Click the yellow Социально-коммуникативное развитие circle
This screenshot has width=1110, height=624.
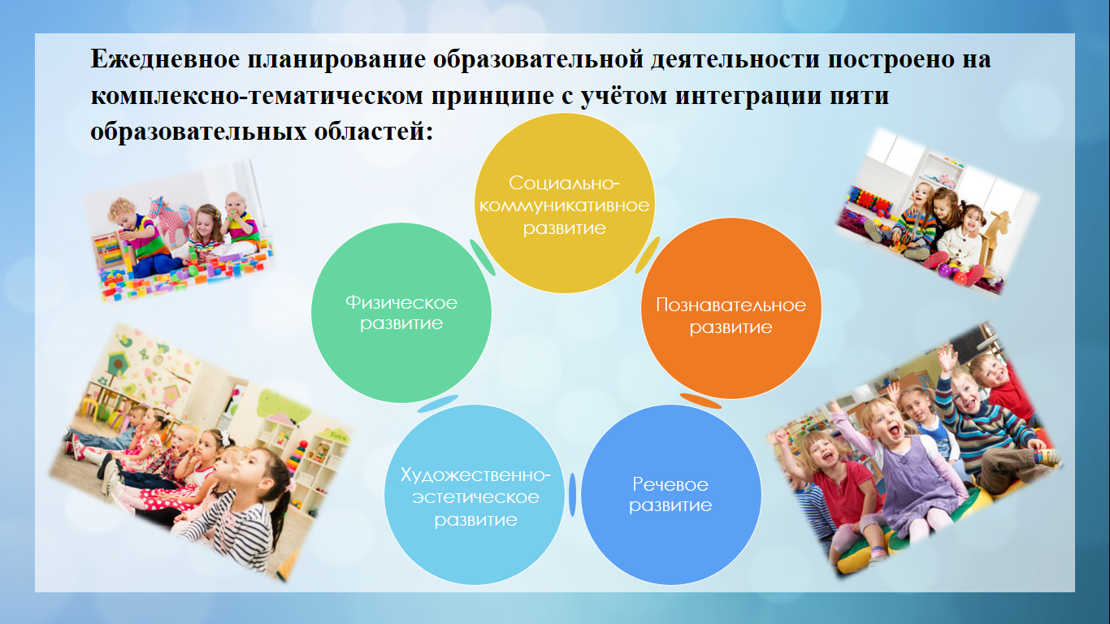tap(565, 203)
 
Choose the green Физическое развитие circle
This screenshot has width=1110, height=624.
tap(401, 313)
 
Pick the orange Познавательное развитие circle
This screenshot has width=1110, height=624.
tap(731, 308)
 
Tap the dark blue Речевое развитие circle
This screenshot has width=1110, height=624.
tap(671, 495)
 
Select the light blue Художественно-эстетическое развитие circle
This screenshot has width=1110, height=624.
tap(475, 495)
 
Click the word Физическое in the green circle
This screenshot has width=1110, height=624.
tap(401, 302)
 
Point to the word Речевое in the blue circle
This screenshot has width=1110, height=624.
tap(670, 484)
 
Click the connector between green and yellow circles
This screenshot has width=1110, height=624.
tap(482, 258)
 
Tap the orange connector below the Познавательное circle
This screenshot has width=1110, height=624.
tap(700, 401)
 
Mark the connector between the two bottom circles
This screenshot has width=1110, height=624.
tap(573, 495)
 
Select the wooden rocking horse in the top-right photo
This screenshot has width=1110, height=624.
tap(994, 238)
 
